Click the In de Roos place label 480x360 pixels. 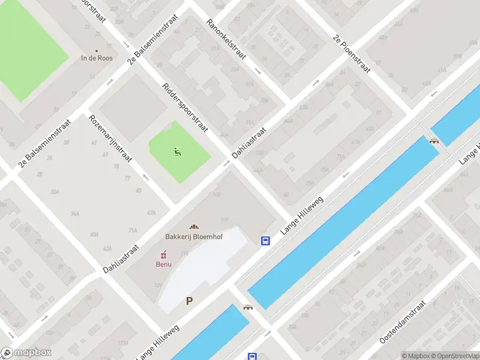click(x=97, y=58)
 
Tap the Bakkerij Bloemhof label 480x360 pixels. click(x=194, y=237)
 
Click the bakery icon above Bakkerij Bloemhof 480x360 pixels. click(x=194, y=227)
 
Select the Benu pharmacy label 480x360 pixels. click(x=164, y=264)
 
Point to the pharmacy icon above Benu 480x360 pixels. click(x=163, y=255)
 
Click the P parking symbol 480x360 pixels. click(x=190, y=301)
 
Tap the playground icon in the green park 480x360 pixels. click(x=177, y=152)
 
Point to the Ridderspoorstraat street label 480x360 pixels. click(x=185, y=107)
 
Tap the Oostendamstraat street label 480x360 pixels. click(x=402, y=322)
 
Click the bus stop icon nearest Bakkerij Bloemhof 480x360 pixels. click(x=265, y=241)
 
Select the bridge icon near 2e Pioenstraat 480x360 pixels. click(x=434, y=141)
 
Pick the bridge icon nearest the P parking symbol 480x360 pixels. click(x=247, y=307)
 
